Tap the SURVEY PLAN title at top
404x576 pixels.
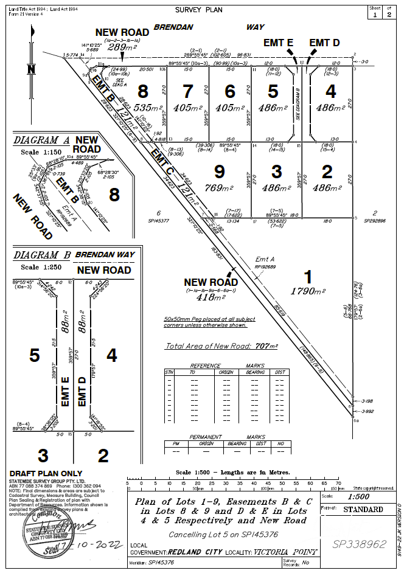click(x=199, y=10)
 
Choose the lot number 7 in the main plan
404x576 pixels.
click(x=188, y=91)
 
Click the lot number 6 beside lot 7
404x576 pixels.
click(x=229, y=91)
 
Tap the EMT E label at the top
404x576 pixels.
click(x=278, y=43)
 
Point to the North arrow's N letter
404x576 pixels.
click(x=32, y=69)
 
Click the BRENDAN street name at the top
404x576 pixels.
click(x=173, y=27)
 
